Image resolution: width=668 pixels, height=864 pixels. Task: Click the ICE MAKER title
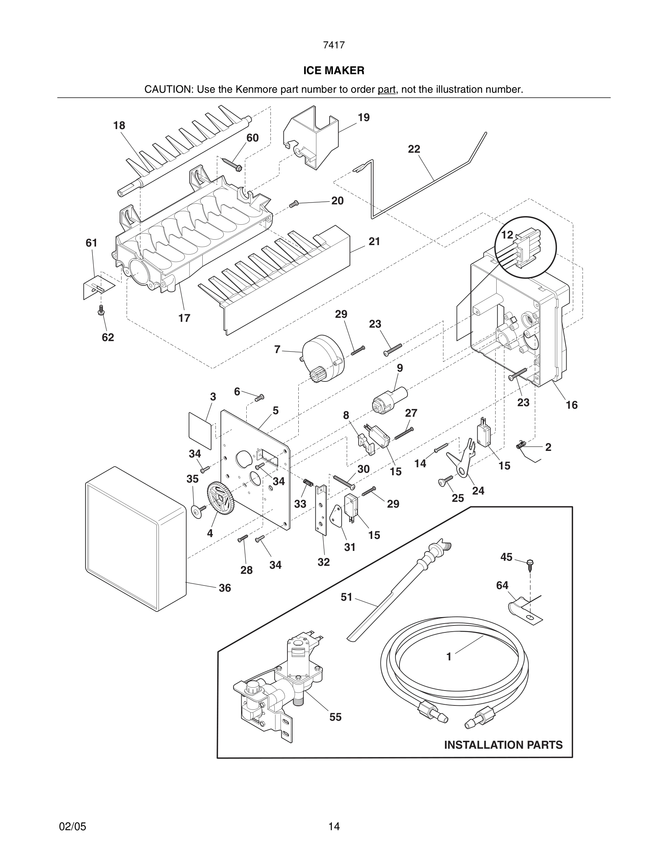(x=334, y=71)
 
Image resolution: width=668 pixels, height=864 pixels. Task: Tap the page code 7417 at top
(x=334, y=45)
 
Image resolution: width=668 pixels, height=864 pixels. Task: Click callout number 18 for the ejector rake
(x=119, y=125)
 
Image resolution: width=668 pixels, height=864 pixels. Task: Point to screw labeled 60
(x=233, y=164)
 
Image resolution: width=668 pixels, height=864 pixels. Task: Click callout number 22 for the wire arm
(x=414, y=149)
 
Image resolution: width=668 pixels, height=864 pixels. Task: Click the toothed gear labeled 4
(x=220, y=499)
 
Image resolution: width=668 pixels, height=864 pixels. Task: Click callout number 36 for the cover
(x=225, y=588)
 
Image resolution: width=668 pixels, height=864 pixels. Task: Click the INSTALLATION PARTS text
(x=503, y=745)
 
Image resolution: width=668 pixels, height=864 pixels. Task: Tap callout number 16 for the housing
(x=572, y=405)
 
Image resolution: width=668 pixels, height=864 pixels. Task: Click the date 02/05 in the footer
(x=72, y=827)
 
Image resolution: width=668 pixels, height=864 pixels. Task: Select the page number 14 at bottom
(x=334, y=827)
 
